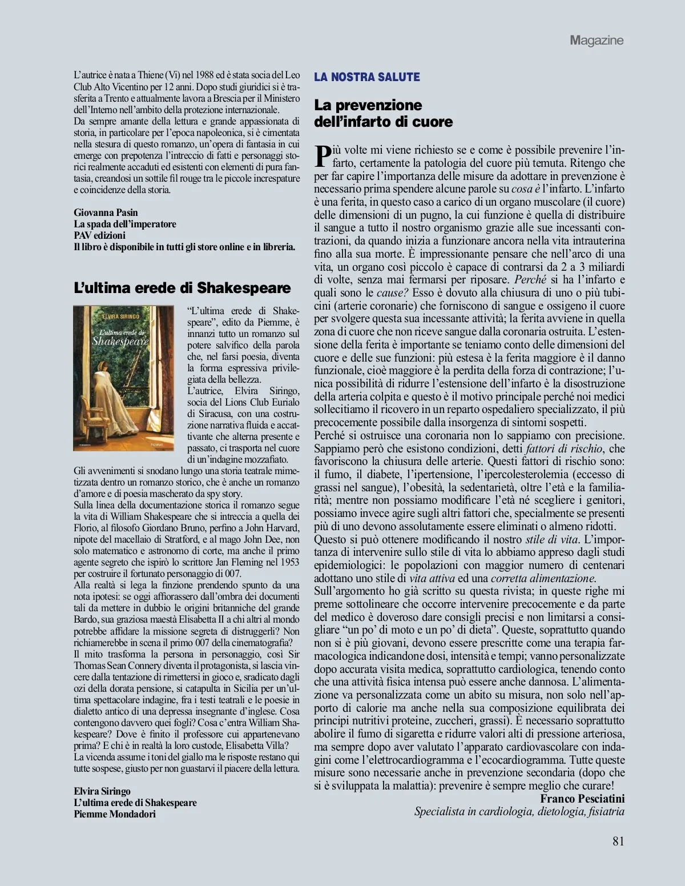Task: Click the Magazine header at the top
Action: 596,40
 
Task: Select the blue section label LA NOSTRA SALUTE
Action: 367,77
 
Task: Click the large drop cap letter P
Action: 323,156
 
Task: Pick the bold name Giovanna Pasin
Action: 106,213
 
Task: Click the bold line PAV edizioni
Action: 99,235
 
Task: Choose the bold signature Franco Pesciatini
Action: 582,799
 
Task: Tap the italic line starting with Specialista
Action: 519,812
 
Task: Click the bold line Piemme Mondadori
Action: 114,814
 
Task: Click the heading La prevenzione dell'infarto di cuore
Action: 383,113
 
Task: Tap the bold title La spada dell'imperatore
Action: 125,224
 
